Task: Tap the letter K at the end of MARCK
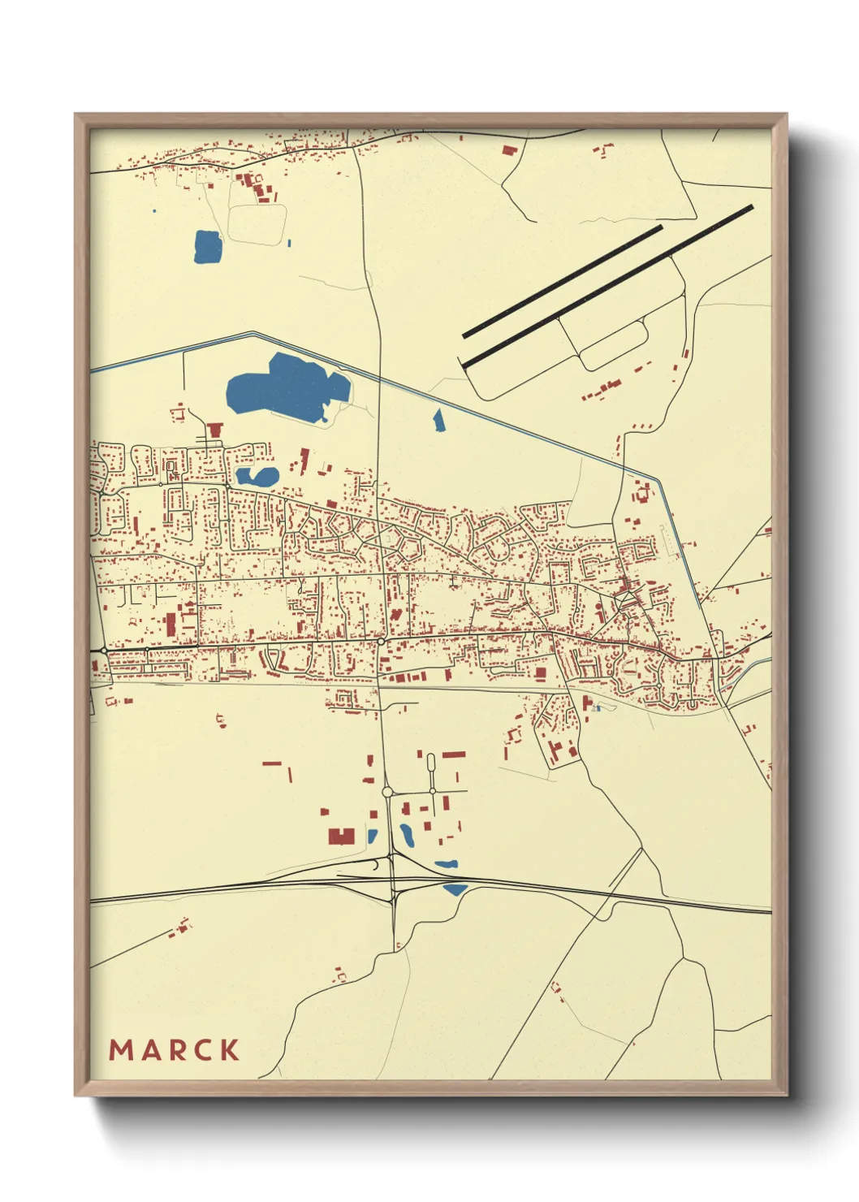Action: point(229,1050)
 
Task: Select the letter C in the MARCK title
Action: point(202,1050)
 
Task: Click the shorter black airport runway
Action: point(562,281)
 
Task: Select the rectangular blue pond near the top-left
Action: point(207,247)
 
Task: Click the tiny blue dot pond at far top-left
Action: point(153,212)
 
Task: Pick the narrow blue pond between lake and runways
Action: point(439,420)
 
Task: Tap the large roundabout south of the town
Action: point(387,791)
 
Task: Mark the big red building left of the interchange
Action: point(341,836)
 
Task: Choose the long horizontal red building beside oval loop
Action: point(453,754)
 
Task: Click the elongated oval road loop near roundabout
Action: point(430,763)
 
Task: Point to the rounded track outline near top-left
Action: point(257,223)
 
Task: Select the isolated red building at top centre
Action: point(509,150)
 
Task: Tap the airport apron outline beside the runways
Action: point(613,345)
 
